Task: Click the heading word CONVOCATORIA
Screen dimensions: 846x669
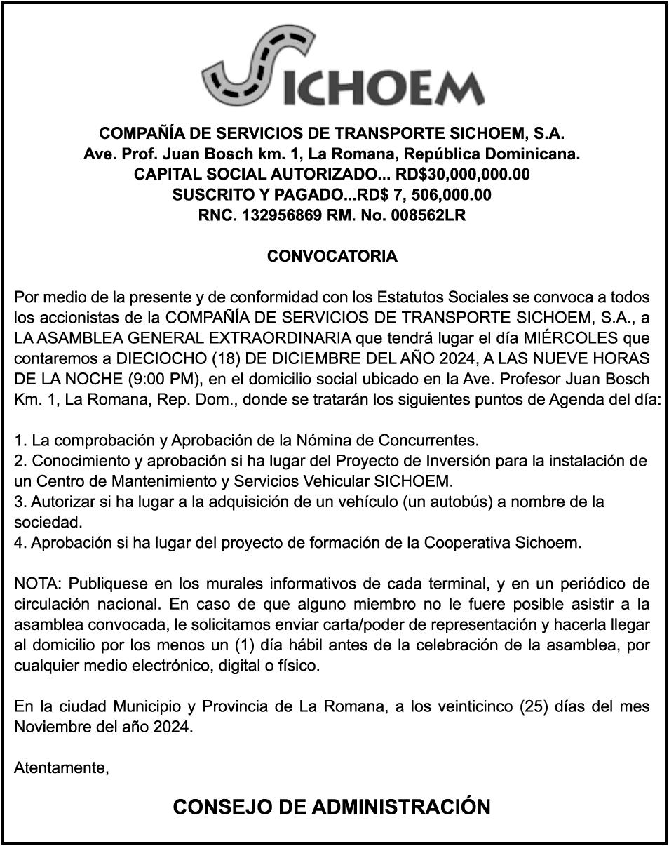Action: click(x=332, y=256)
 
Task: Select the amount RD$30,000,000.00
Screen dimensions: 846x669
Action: click(x=463, y=174)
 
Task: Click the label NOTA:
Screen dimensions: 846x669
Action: click(x=38, y=584)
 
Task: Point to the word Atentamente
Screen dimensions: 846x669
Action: click(x=61, y=768)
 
